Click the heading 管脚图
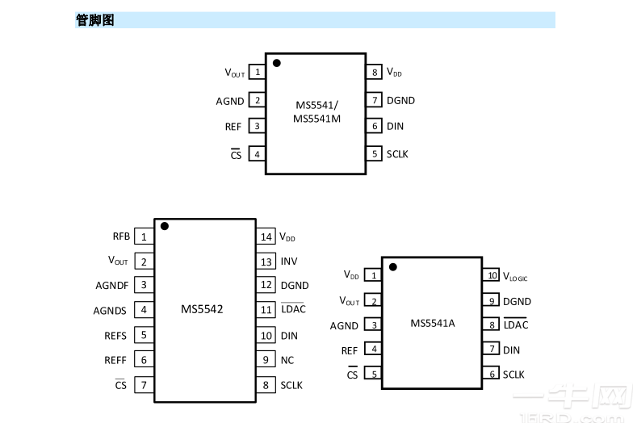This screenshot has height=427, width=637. (94, 20)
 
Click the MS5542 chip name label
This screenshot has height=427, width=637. (202, 309)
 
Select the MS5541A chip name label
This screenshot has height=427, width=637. (433, 324)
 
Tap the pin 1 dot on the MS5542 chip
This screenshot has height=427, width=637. (165, 227)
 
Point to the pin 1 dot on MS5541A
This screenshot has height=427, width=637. (393, 266)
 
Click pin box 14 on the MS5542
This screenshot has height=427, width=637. (266, 237)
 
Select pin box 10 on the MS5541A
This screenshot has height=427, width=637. (492, 275)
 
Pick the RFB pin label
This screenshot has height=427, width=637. (121, 237)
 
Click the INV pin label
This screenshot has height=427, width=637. (289, 262)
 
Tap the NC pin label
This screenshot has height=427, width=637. (287, 360)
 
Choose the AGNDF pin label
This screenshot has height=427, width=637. (111, 285)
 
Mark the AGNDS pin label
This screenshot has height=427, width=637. (110, 310)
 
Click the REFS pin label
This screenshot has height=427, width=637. (115, 335)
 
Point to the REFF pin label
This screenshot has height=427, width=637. (115, 360)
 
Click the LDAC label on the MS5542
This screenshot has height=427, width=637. (292, 310)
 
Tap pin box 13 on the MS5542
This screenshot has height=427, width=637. (266, 262)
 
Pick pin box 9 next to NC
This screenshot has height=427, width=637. (266, 360)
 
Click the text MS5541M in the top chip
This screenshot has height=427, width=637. (316, 119)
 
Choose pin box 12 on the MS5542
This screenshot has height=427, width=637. (266, 285)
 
